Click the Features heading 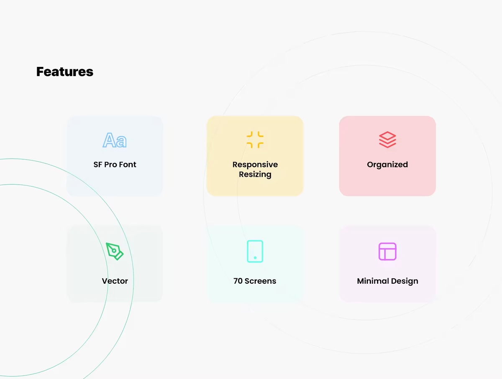coord(65,72)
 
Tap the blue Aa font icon coord(115,140)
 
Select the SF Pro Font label coord(115,165)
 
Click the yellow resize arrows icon coord(255,140)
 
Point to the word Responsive coord(255,165)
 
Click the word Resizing coord(255,174)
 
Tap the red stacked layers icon coord(387,140)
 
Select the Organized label coord(387,165)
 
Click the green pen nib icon coord(115,251)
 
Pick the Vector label coord(115,281)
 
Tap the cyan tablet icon coord(255,251)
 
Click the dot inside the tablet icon coord(255,258)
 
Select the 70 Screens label coord(255,281)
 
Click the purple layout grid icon coord(387,251)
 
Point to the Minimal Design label coord(388,281)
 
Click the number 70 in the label coord(238,281)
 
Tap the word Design coord(405,281)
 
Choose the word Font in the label coord(128,165)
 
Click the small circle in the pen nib coord(114,251)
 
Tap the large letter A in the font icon coord(108,140)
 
